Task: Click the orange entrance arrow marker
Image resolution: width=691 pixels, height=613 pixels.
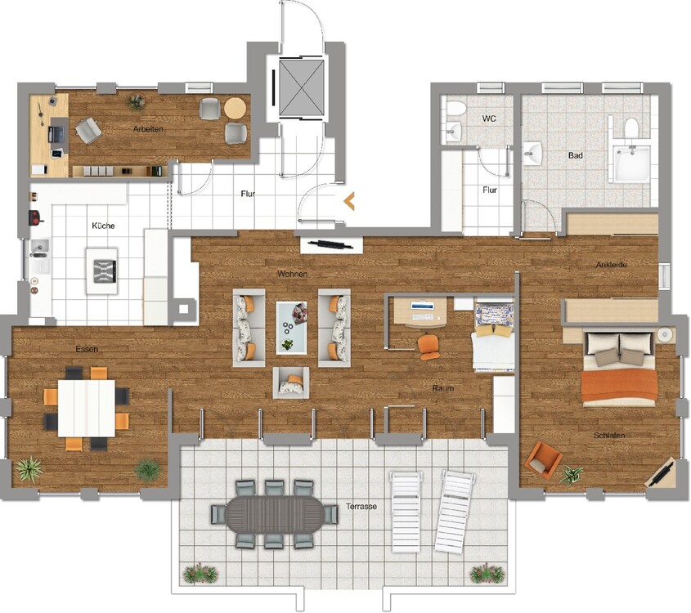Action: click(x=348, y=201)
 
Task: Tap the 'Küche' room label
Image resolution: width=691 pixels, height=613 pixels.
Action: click(x=103, y=226)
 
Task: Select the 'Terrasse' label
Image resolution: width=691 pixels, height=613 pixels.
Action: click(x=361, y=507)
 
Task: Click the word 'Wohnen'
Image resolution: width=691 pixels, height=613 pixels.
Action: click(x=292, y=274)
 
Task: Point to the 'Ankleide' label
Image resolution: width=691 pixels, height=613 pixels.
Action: click(x=611, y=265)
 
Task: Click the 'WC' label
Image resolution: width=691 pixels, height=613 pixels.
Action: click(x=489, y=119)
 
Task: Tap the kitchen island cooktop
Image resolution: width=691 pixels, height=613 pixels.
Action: click(x=105, y=271)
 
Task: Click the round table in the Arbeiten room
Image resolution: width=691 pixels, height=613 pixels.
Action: click(x=235, y=108)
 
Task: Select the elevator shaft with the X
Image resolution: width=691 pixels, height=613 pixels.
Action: click(x=302, y=87)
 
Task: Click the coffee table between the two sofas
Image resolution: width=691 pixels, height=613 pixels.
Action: click(x=291, y=328)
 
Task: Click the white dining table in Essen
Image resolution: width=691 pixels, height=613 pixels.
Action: click(x=87, y=408)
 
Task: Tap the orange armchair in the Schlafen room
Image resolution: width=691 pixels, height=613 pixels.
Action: click(x=544, y=459)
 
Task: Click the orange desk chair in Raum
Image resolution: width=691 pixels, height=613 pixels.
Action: click(x=429, y=347)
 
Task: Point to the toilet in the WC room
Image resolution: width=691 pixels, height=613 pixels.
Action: click(x=455, y=109)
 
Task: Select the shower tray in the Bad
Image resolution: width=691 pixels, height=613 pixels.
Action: click(x=632, y=163)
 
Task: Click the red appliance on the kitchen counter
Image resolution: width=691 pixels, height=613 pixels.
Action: click(x=35, y=217)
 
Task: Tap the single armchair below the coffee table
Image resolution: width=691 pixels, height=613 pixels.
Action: click(x=291, y=383)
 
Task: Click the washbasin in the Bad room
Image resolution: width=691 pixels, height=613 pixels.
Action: click(x=533, y=154)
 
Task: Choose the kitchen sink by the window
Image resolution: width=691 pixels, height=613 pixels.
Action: click(x=40, y=250)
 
